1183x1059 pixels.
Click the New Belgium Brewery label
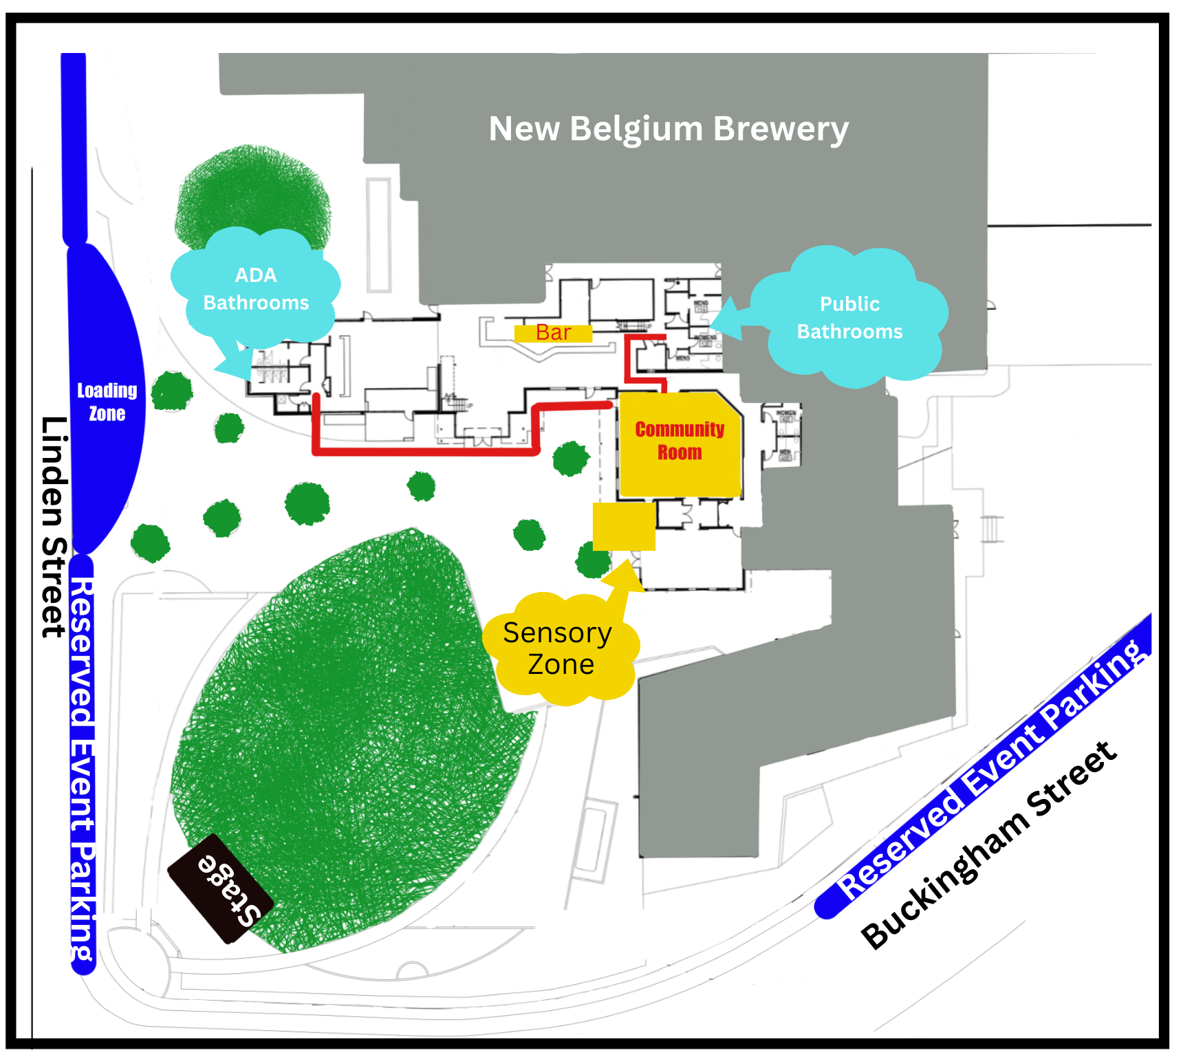668,129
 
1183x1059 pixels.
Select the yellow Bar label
553,333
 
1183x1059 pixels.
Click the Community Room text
679,441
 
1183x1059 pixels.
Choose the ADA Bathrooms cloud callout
256,289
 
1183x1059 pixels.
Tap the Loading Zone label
107,402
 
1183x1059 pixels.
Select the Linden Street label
54,527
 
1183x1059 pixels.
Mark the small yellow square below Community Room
624,527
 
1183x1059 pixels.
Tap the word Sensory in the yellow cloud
557,633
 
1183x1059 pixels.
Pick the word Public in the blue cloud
849,304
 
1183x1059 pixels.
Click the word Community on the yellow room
680,429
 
